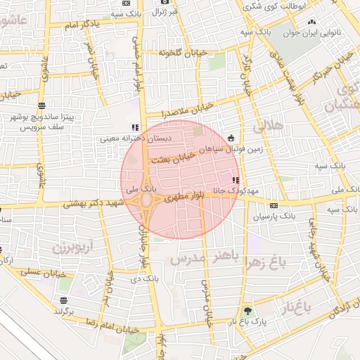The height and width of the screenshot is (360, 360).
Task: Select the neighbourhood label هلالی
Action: pyautogui.click(x=266, y=127)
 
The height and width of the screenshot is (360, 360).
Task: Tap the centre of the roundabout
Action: pyautogui.click(x=148, y=204)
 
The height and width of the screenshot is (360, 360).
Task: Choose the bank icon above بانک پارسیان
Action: pyautogui.click(x=274, y=205)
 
